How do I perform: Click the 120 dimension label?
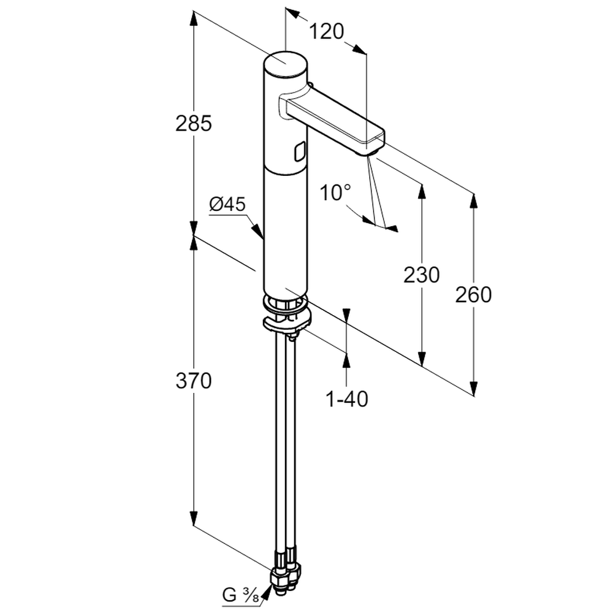tap(327, 31)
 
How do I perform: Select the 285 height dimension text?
tap(194, 123)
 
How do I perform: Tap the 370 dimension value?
tap(194, 381)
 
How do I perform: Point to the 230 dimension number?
tap(422, 275)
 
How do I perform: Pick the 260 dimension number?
tap(473, 295)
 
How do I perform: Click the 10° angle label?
tap(335, 192)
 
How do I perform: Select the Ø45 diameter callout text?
tap(227, 204)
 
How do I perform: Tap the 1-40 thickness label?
tap(347, 399)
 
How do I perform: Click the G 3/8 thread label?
tap(240, 595)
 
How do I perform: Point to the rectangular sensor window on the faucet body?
tap(300, 151)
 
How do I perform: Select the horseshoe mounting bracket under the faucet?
tap(286, 321)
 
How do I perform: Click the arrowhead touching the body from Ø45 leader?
tap(257, 231)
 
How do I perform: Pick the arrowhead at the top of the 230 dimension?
tap(422, 191)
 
